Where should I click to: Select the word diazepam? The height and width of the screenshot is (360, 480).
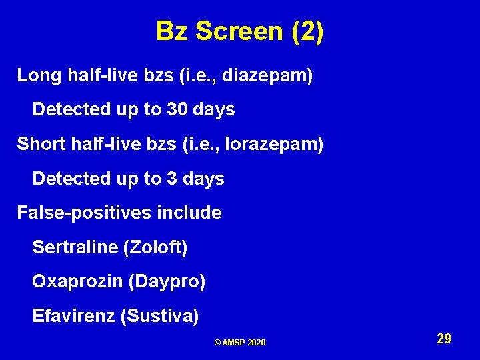266,75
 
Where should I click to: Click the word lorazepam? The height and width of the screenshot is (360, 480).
274,144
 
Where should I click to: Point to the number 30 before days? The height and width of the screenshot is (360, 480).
177,109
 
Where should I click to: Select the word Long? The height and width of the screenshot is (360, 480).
40,75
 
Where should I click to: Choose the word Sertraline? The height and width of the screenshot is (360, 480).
75,248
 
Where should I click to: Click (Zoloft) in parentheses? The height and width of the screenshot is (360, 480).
155,248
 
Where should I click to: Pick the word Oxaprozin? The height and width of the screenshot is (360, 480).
78,282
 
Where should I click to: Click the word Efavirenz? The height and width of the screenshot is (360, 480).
74,316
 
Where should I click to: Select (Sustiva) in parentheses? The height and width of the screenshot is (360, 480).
160,317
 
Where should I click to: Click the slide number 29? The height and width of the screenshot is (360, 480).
444,339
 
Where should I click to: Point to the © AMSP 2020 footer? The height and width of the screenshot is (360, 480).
240,342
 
